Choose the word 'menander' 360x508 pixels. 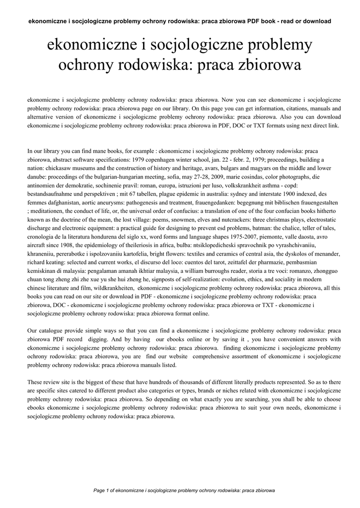tap(326, 254)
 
